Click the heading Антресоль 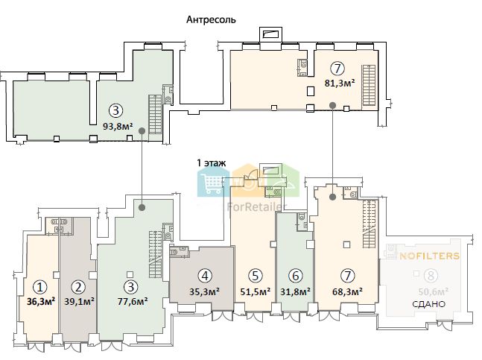(x=211, y=19)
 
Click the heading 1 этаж (x=211, y=162)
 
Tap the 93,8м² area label (x=118, y=126)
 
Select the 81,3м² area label (x=340, y=83)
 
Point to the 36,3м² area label (x=41, y=301)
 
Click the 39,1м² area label (x=79, y=301)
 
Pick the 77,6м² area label (x=133, y=301)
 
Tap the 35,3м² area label (x=204, y=291)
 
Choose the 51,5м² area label (x=256, y=291)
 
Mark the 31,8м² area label (x=295, y=291)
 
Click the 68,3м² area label (x=347, y=291)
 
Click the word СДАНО (x=428, y=304)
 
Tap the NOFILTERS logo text (x=429, y=256)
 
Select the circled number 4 (x=205, y=276)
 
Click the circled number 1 (x=40, y=287)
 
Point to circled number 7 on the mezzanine (x=337, y=69)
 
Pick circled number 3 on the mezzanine (x=116, y=110)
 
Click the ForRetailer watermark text (x=257, y=207)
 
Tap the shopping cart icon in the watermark (x=211, y=183)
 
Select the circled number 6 (x=296, y=276)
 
